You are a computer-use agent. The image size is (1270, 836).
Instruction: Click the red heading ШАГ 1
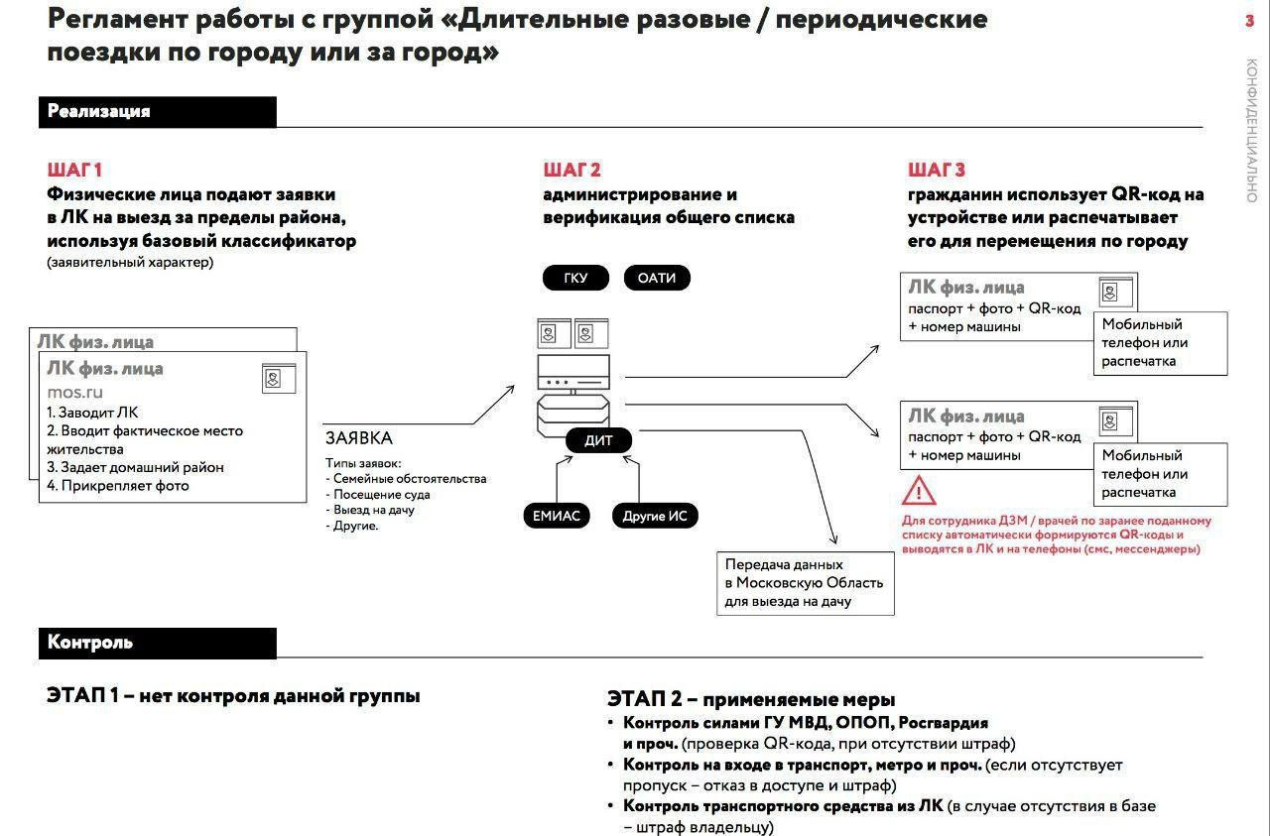click(74, 170)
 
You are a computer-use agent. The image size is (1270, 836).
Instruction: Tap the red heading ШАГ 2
click(571, 170)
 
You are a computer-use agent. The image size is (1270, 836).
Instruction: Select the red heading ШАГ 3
click(936, 170)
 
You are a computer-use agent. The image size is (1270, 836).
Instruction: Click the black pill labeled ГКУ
click(575, 278)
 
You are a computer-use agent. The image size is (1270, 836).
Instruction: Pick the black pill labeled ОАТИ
click(656, 278)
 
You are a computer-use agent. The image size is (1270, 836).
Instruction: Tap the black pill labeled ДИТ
click(598, 441)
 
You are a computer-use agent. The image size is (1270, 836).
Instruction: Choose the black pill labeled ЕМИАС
click(556, 516)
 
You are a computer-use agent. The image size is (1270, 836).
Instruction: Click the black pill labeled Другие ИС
click(655, 516)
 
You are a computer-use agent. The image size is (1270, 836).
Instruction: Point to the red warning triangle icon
click(919, 490)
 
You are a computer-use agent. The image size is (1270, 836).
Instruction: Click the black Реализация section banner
click(157, 112)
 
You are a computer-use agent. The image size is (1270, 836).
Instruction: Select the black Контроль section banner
click(157, 643)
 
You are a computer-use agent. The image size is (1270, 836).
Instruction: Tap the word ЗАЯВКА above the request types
click(358, 437)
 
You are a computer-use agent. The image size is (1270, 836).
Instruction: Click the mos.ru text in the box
click(75, 392)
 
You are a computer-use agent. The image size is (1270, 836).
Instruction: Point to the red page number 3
click(1249, 22)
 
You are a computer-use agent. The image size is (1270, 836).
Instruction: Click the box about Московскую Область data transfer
click(805, 583)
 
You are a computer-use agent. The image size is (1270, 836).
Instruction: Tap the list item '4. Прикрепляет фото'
click(118, 486)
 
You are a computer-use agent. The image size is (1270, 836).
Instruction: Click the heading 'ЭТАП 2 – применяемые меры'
click(751, 699)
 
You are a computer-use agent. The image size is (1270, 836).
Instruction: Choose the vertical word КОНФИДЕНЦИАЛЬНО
click(1251, 130)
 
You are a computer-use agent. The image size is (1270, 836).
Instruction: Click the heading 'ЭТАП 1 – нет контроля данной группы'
click(233, 696)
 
